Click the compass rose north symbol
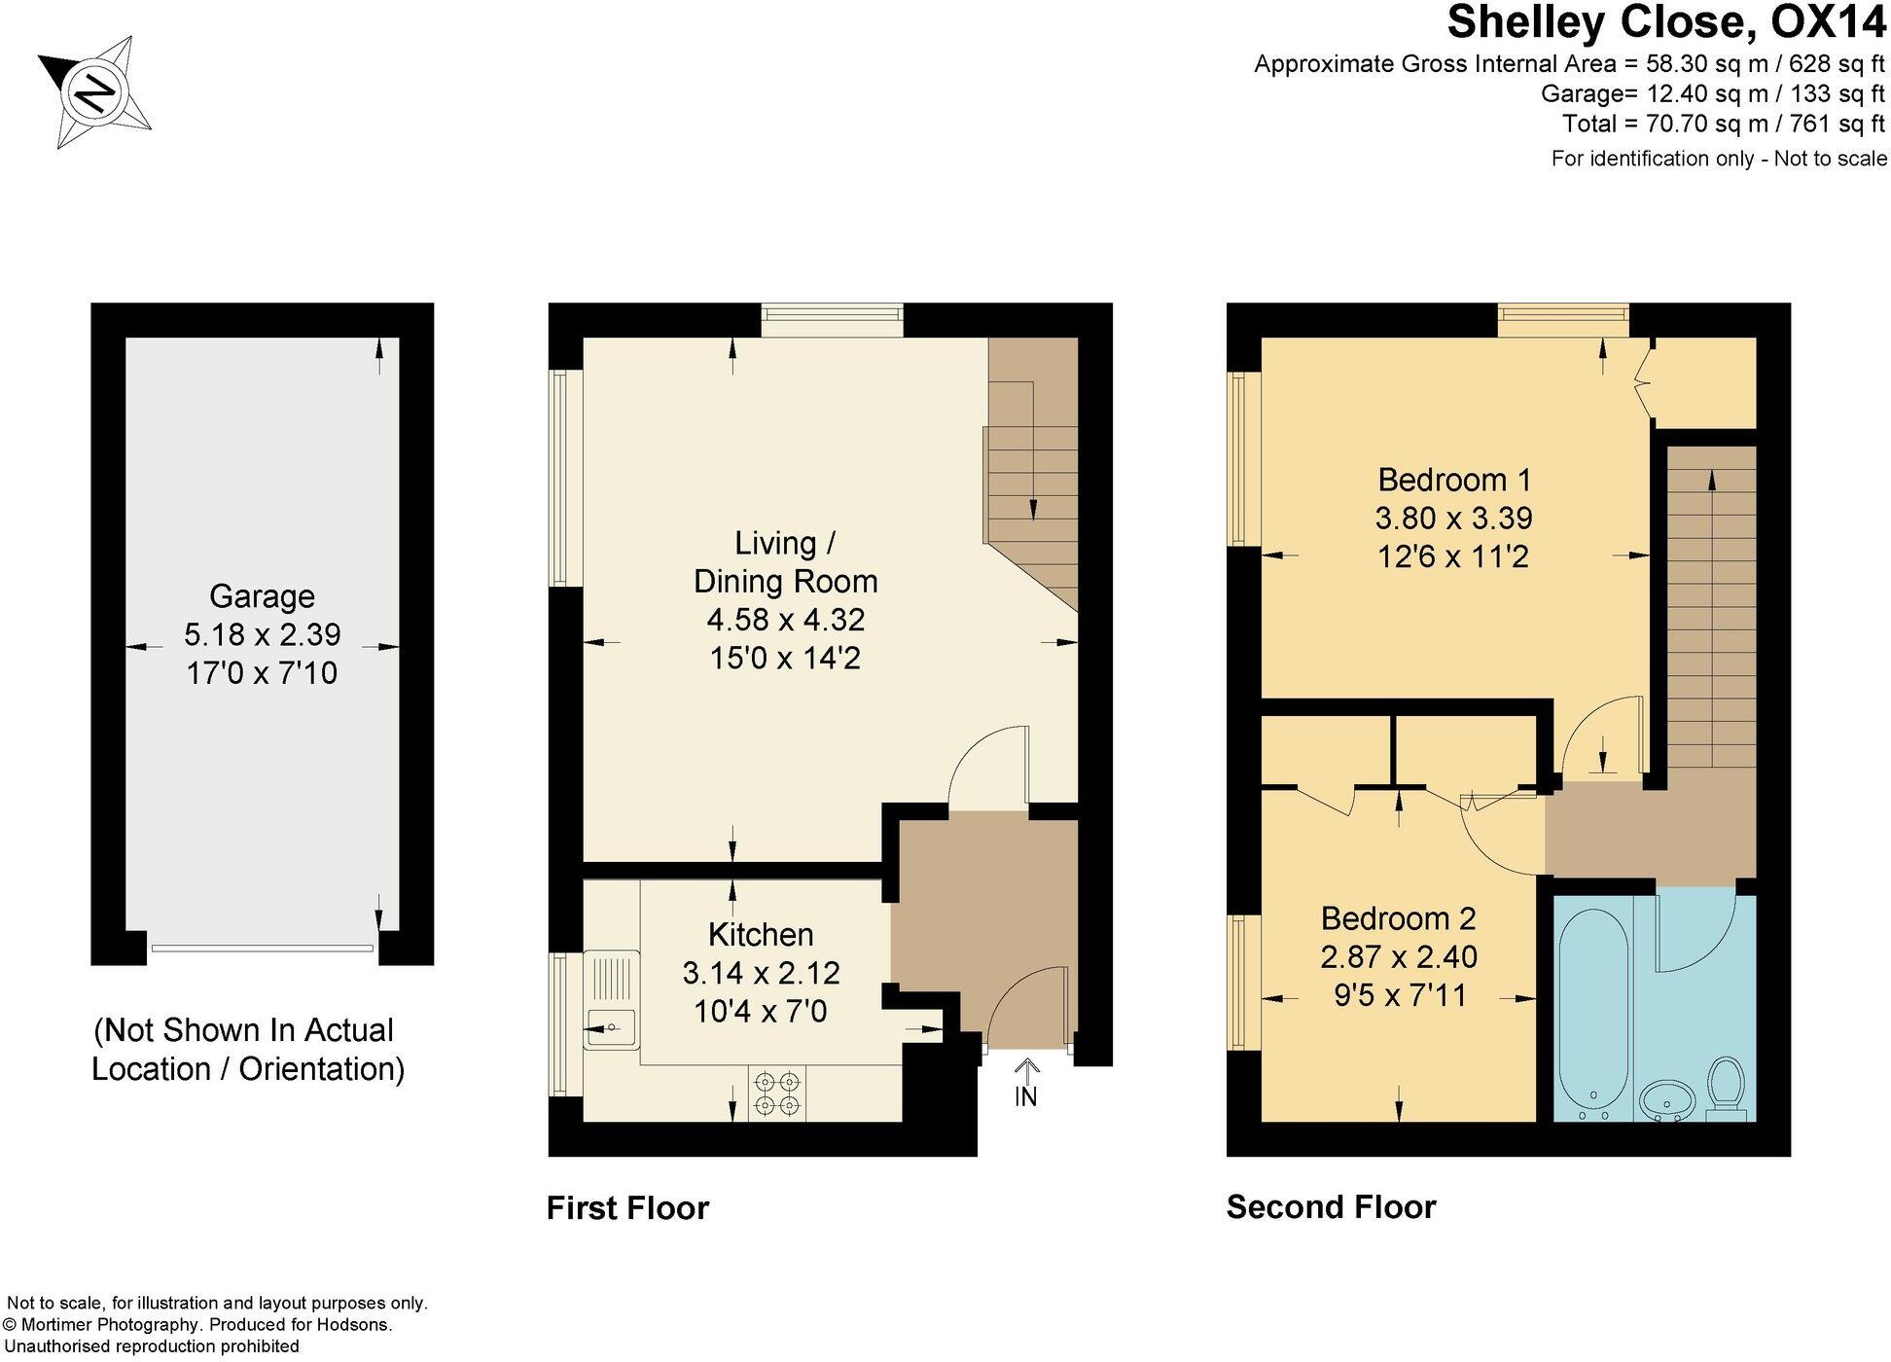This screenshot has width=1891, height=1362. pos(95,92)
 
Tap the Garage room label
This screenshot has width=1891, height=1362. pos(262,595)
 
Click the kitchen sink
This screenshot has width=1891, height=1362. pos(611,1025)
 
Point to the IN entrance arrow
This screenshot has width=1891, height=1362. pos(1025,1082)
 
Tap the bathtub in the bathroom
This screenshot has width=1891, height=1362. pos(1592,1012)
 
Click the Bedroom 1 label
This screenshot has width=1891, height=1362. pos(1453,480)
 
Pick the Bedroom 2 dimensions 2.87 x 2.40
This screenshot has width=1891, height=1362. pos(1398,957)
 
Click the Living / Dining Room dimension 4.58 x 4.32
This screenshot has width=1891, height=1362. pos(785,620)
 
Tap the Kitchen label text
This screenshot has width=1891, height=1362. pos(760,934)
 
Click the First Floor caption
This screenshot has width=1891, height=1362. pos(627,1207)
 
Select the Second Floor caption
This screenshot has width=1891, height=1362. pos(1330,1206)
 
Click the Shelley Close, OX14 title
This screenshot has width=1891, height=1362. pos(1666,23)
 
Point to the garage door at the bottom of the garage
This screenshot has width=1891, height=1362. pos(262,948)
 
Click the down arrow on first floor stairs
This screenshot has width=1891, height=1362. pos(1032,509)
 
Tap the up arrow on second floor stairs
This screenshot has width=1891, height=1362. pos(1711,481)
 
